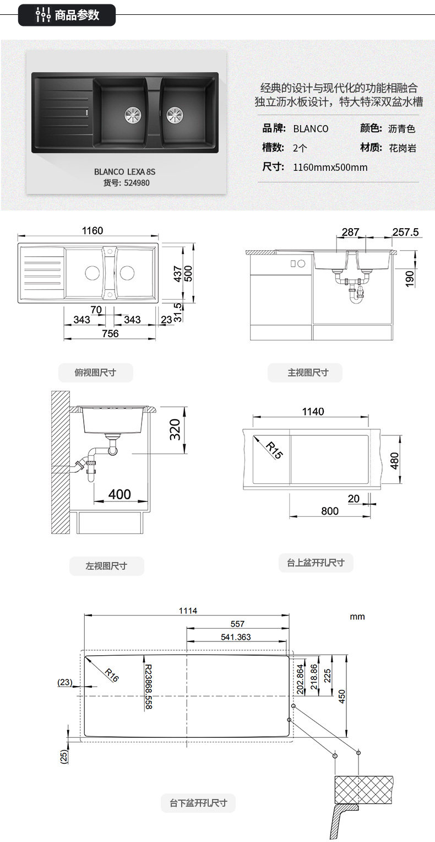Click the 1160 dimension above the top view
pyautogui.click(x=93, y=230)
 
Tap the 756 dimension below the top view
pyautogui.click(x=110, y=333)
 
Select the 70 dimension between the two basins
pyautogui.click(x=96, y=310)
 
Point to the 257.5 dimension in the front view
pyautogui.click(x=405, y=232)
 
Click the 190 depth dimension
pyautogui.click(x=410, y=279)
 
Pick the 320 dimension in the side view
pyautogui.click(x=175, y=429)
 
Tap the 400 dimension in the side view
pyautogui.click(x=119, y=494)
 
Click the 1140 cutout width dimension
pyautogui.click(x=313, y=412)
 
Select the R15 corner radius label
pyautogui.click(x=274, y=450)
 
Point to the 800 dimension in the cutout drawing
pyautogui.click(x=330, y=511)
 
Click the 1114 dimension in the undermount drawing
pyautogui.click(x=188, y=611)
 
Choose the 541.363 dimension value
pyautogui.click(x=236, y=637)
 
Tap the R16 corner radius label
pyautogui.click(x=112, y=675)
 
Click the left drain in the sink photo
pyautogui.click(x=133, y=114)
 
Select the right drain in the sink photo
pyautogui.click(x=175, y=115)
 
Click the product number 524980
pyautogui.click(x=137, y=183)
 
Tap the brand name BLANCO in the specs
pyautogui.click(x=311, y=129)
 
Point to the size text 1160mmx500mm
pyautogui.click(x=330, y=168)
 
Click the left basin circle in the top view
pyautogui.click(x=92, y=273)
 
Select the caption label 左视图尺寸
pyautogui.click(x=106, y=566)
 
